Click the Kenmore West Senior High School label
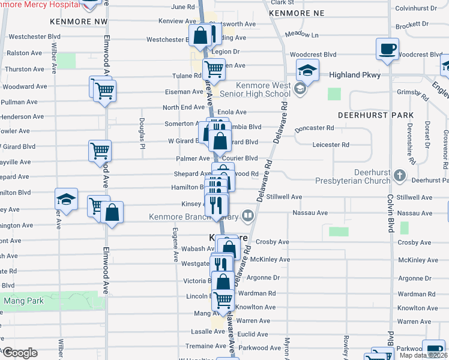(x=264, y=90)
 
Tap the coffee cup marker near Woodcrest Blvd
(x=387, y=49)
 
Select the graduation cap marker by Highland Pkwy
(x=307, y=71)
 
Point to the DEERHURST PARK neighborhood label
(x=375, y=115)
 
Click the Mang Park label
(x=23, y=301)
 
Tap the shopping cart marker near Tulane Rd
(x=214, y=70)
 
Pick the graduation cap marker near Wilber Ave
(x=66, y=199)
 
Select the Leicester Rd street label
(x=331, y=145)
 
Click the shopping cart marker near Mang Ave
(x=223, y=300)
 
